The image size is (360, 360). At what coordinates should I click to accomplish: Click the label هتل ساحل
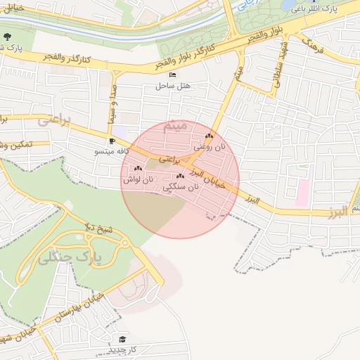(173, 86)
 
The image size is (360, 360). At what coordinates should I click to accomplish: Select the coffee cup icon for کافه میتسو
(112, 141)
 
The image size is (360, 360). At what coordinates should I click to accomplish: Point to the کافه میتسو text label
(112, 151)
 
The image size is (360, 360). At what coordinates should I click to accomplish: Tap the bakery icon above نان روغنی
(208, 136)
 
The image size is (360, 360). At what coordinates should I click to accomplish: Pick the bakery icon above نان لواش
(138, 169)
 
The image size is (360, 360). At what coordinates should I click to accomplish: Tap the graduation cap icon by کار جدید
(123, 340)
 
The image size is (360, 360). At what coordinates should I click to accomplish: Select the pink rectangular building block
(303, 193)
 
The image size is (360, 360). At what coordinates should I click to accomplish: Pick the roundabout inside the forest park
(125, 243)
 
